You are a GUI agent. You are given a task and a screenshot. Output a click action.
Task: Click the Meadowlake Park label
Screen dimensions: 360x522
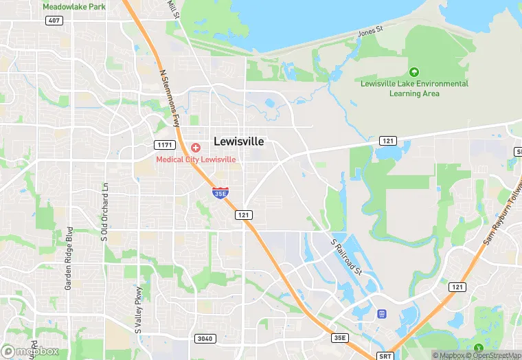pyautogui.click(x=73, y=6)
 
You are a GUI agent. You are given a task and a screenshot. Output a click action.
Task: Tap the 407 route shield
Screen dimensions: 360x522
pyautogui.click(x=55, y=21)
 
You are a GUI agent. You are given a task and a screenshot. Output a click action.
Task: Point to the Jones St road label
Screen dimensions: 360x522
pyautogui.click(x=370, y=32)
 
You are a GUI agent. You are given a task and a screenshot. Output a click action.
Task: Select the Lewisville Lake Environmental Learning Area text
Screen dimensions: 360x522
pyautogui.click(x=415, y=88)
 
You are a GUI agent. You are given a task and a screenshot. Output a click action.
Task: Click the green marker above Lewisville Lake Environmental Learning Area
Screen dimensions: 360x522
pyautogui.click(x=414, y=71)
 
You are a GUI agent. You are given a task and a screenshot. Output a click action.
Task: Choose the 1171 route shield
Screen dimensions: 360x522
pyautogui.click(x=165, y=145)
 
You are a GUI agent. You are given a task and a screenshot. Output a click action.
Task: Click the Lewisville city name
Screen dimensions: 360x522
pyautogui.click(x=239, y=141)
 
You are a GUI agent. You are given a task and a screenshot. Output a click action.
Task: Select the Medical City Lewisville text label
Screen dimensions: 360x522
pyautogui.click(x=196, y=159)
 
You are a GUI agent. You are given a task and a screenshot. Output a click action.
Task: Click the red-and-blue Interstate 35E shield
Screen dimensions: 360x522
pyautogui.click(x=220, y=192)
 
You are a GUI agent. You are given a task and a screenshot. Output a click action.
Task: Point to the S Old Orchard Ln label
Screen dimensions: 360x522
pyautogui.click(x=105, y=213)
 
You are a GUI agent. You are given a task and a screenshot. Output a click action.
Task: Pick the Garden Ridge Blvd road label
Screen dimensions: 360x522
pyautogui.click(x=69, y=247)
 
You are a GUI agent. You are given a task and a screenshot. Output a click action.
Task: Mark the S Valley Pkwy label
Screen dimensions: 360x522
pyautogui.click(x=138, y=309)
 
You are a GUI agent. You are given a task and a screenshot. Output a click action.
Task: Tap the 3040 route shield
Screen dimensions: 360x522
pyautogui.click(x=205, y=338)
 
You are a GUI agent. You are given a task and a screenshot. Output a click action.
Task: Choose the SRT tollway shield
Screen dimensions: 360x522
pyautogui.click(x=385, y=356)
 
